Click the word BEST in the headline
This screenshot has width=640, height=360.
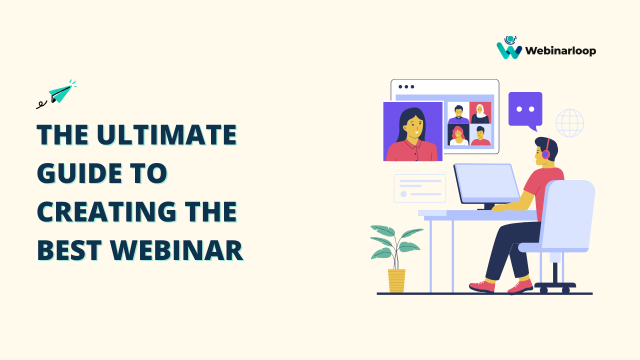click(67, 250)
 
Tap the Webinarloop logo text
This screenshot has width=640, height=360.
click(560, 50)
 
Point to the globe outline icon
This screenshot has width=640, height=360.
click(569, 123)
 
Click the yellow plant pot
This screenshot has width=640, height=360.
click(396, 280)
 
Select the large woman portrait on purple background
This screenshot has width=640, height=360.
click(413, 131)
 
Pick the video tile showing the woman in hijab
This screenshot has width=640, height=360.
click(480, 113)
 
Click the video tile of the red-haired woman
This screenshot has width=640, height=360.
click(458, 135)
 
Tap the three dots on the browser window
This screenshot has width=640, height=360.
click(406, 86)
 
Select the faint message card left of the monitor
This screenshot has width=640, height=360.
click(419, 188)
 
